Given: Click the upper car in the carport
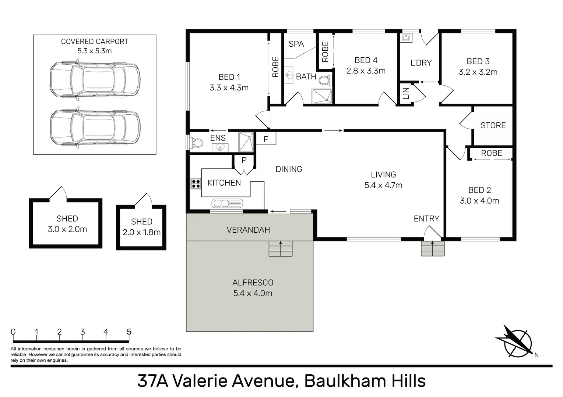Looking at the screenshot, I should pyautogui.click(x=95, y=80).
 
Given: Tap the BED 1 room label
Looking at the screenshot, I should pyautogui.click(x=229, y=77).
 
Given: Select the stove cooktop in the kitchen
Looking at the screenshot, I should pyautogui.click(x=196, y=183).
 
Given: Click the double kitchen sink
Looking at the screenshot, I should pyautogui.click(x=227, y=203).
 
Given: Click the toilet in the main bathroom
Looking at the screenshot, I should pyautogui.click(x=325, y=80).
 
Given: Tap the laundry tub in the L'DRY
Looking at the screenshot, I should pyautogui.click(x=407, y=37).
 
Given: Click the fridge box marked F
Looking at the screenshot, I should pyautogui.click(x=265, y=139).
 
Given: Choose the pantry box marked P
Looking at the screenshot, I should pyautogui.click(x=244, y=160).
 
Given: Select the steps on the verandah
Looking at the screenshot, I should pyautogui.click(x=280, y=248).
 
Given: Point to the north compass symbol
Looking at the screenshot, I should pyautogui.click(x=516, y=341).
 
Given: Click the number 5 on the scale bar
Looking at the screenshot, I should pyautogui.click(x=129, y=332).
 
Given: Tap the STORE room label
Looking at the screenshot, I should pyautogui.click(x=493, y=125).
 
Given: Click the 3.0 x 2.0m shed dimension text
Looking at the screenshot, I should pyautogui.click(x=67, y=229).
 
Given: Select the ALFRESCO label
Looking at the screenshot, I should pyautogui.click(x=253, y=283).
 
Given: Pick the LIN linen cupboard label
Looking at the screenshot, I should pyautogui.click(x=406, y=94).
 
